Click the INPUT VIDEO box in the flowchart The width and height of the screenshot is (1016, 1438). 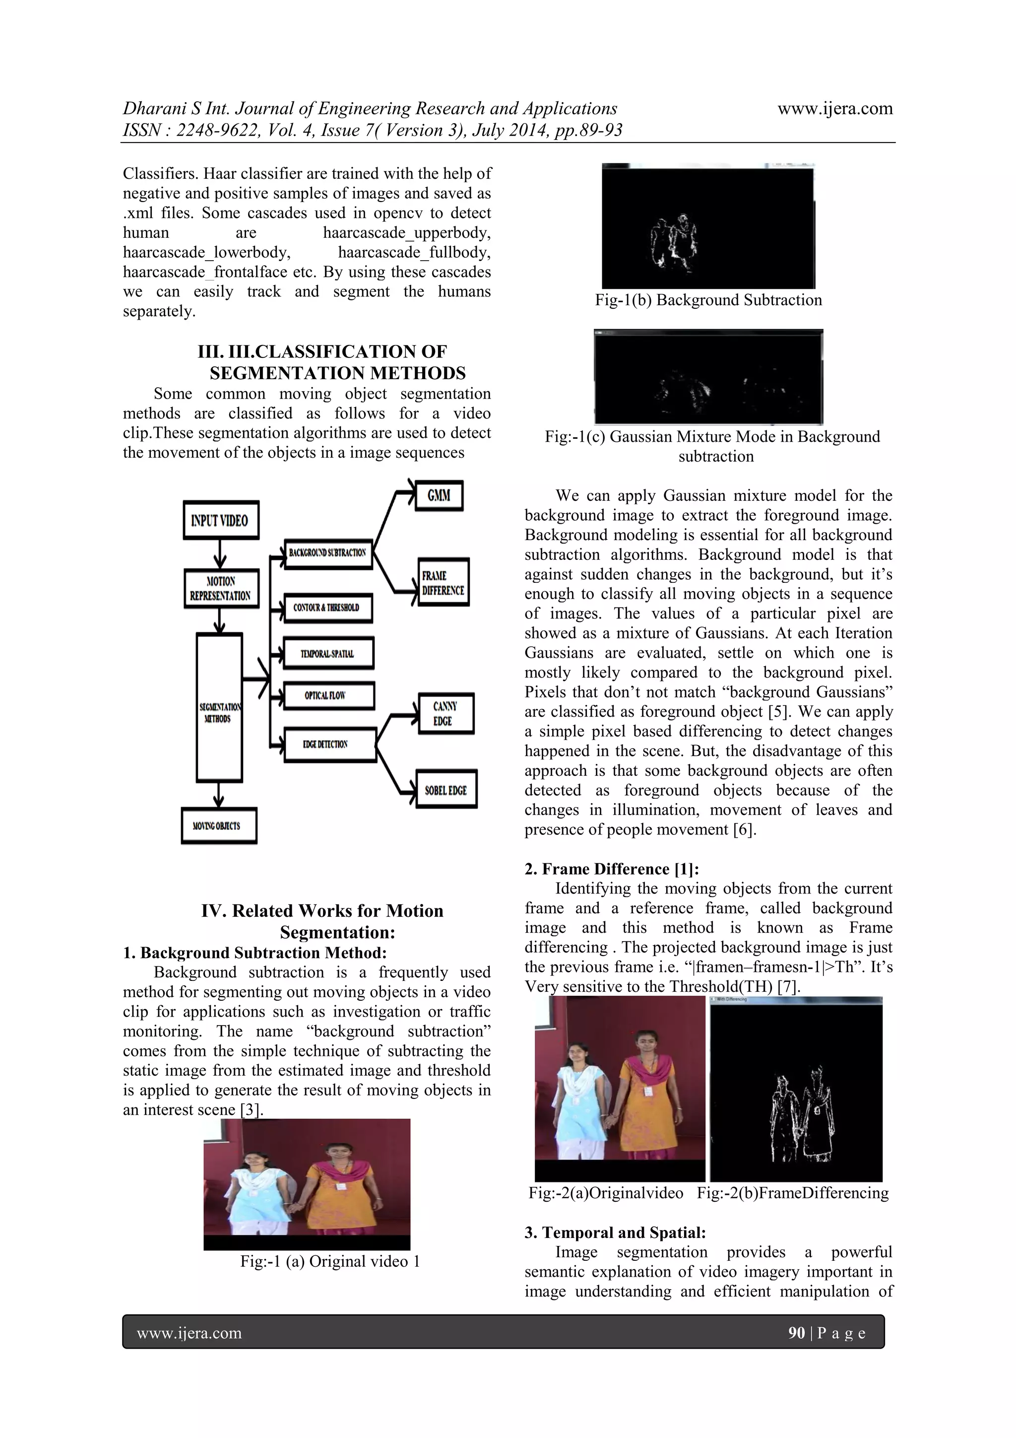(x=220, y=520)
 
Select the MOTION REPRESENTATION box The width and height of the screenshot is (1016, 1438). (x=221, y=589)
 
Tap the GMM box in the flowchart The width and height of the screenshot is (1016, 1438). (x=439, y=495)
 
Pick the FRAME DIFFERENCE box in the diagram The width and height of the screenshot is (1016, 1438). (x=443, y=582)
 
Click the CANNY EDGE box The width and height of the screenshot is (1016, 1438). (x=444, y=713)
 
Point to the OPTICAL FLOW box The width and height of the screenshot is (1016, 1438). (x=328, y=695)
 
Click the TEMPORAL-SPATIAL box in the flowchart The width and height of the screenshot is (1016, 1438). (x=328, y=653)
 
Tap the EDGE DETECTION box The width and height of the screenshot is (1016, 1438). (x=330, y=744)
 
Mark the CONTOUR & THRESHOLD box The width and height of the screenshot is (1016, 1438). (x=328, y=608)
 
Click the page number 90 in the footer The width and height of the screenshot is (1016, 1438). (x=796, y=1333)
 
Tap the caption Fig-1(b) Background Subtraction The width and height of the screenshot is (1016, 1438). (x=708, y=300)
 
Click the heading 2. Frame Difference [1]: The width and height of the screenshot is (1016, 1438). (x=612, y=869)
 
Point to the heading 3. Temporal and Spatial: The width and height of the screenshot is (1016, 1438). (x=615, y=1233)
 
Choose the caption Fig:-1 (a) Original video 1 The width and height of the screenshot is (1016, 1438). (x=330, y=1261)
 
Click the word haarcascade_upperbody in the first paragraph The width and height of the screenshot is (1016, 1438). (x=406, y=232)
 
